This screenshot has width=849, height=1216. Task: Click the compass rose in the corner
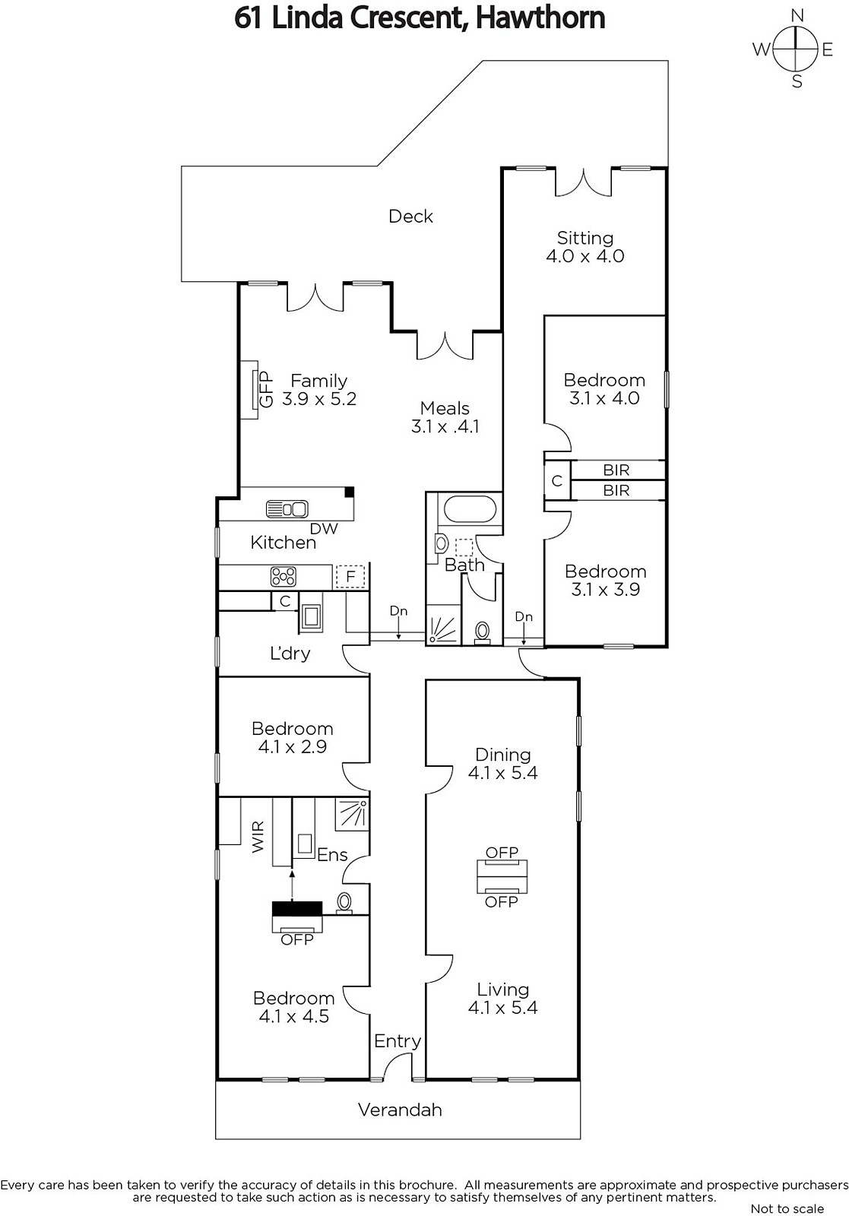point(795,49)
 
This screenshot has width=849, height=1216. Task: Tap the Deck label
point(410,217)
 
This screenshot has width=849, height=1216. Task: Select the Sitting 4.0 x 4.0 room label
point(585,247)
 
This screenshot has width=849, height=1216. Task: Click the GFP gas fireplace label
point(266,388)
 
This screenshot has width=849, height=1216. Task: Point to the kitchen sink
point(287,509)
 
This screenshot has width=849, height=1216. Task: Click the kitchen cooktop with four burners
point(284,577)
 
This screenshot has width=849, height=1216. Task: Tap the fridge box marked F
point(350,577)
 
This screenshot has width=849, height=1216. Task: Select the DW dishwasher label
point(324,528)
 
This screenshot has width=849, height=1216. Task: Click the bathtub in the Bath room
point(470,509)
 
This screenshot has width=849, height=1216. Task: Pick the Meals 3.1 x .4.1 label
point(445,417)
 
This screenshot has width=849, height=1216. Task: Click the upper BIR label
point(616,470)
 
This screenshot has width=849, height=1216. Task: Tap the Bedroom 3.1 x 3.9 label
point(605,581)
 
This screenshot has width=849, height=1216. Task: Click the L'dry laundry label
point(290,653)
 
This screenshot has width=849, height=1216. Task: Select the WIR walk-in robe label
point(258,836)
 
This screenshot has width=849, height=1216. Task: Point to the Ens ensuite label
point(331,855)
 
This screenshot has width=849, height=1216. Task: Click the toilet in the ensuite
point(344,901)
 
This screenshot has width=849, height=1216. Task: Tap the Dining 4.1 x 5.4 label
point(502,763)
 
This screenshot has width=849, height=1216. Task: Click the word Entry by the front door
point(398,1041)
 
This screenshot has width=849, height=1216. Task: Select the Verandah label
point(400,1110)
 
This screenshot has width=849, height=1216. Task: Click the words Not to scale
point(787,1208)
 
